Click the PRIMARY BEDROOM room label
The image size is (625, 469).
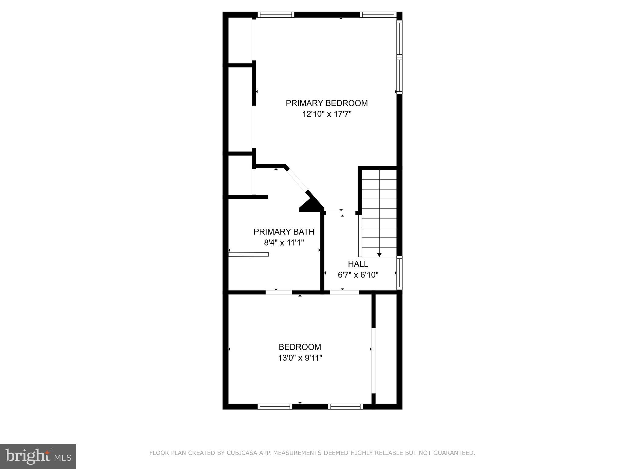click(x=327, y=103)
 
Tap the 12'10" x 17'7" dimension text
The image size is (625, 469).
click(x=327, y=114)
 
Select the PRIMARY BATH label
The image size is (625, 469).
click(x=284, y=232)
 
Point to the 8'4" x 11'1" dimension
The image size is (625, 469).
click(x=284, y=243)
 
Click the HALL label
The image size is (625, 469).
click(x=358, y=264)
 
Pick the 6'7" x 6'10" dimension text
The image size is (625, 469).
click(x=358, y=275)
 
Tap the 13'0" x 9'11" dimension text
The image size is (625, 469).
click(x=300, y=358)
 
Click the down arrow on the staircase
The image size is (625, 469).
click(x=379, y=254)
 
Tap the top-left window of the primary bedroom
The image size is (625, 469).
click(x=276, y=14)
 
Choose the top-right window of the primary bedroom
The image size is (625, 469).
click(x=378, y=14)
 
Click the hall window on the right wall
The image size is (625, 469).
click(x=399, y=273)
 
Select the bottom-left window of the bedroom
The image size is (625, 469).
click(x=275, y=406)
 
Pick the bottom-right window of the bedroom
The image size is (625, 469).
click(x=345, y=406)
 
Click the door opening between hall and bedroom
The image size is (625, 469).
click(x=344, y=292)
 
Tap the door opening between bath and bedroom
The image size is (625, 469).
click(x=279, y=292)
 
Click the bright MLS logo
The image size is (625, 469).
click(x=38, y=456)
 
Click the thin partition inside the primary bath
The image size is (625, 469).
click(x=248, y=254)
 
